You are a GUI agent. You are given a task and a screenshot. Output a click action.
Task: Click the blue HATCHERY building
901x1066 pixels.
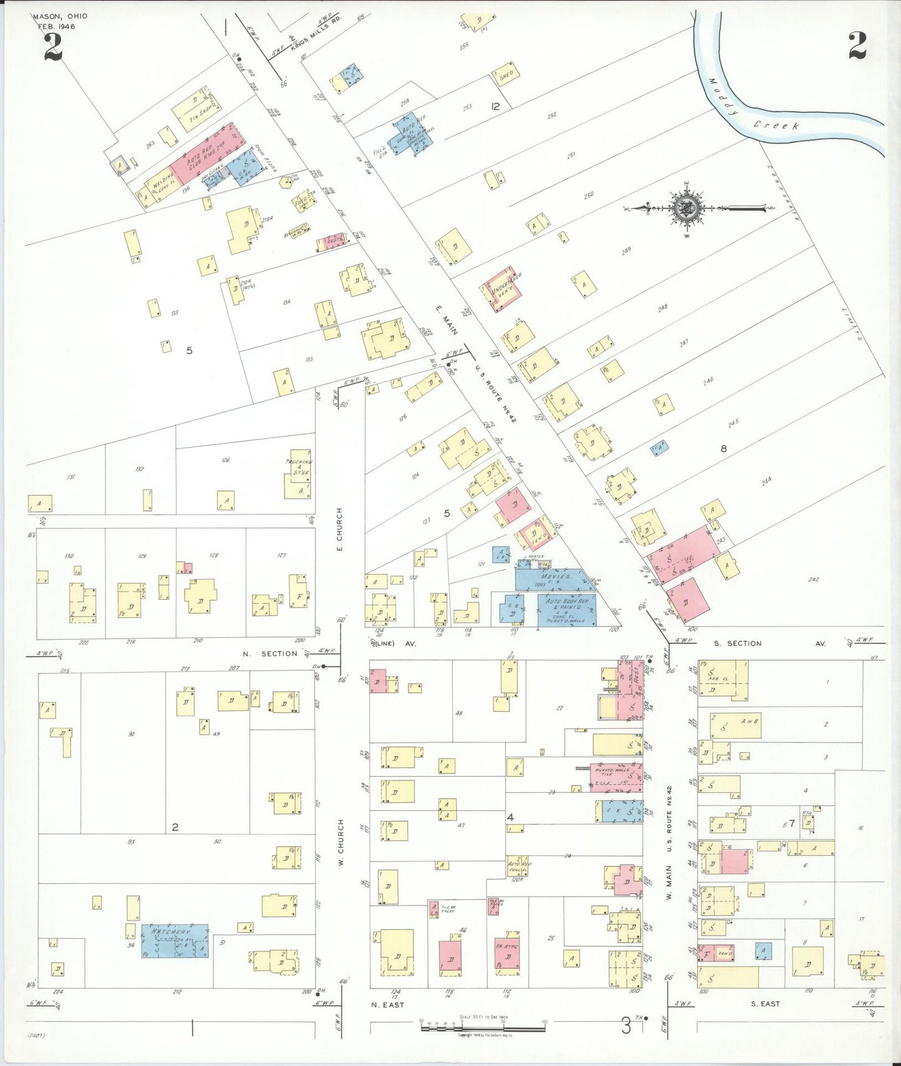pos(175,941)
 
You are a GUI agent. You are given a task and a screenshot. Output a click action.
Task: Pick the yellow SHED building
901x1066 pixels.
pos(506,75)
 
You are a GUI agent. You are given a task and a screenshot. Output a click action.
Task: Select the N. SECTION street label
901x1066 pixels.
pos(270,653)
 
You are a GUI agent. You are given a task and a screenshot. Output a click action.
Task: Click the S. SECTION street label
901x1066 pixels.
pos(738,643)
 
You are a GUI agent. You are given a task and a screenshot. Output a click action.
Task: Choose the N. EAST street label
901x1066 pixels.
pos(387,1005)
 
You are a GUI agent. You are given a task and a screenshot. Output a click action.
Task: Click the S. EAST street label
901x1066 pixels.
pos(765,1004)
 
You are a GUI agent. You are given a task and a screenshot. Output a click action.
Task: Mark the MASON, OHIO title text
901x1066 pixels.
pos(60,16)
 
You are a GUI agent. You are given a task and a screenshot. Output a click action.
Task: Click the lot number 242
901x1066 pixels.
pos(813,579)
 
